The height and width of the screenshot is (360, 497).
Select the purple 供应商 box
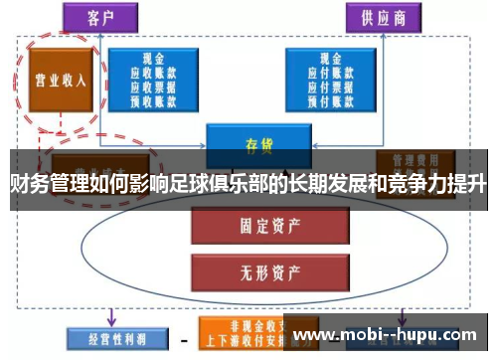coord(380,17)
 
